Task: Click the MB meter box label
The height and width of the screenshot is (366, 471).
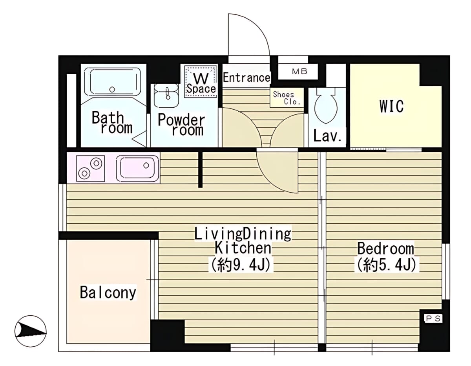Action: (299, 72)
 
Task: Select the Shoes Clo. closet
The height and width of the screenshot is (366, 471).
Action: (287, 97)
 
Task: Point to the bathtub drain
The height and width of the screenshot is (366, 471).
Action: (112, 90)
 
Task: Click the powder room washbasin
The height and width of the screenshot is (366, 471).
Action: (166, 96)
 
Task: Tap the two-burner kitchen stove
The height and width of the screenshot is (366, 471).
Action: (90, 169)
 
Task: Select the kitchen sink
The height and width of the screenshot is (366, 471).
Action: (137, 169)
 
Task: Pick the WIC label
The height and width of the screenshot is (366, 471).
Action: (391, 106)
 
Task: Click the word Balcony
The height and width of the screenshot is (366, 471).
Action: (108, 292)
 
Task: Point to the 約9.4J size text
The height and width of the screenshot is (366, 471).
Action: (241, 265)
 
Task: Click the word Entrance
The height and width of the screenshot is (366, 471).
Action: (246, 77)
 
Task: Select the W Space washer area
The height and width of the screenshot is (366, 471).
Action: (201, 81)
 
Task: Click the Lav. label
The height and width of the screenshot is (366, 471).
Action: (327, 136)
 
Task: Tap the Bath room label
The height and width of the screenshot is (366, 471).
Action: (112, 123)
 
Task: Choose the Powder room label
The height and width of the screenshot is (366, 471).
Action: (181, 125)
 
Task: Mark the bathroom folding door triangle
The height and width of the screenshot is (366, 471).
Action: (140, 139)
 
